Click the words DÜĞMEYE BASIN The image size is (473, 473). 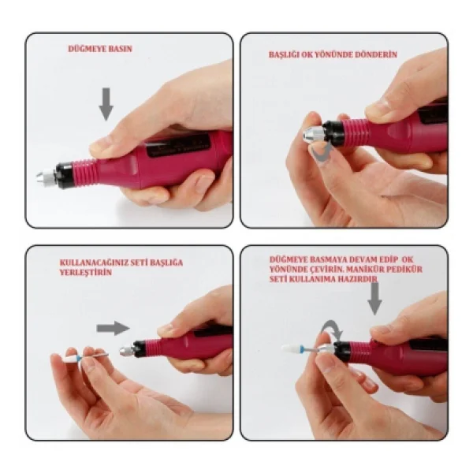(100, 49)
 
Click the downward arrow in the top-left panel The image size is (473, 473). (106, 104)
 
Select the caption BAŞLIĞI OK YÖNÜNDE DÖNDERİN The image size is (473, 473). (333, 54)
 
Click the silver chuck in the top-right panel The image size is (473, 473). (313, 135)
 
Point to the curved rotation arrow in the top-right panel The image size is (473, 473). (322, 151)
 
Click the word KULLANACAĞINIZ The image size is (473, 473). (95, 263)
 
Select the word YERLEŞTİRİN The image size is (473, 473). (86, 273)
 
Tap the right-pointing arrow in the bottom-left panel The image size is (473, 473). (113, 328)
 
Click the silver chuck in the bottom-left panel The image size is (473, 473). (127, 351)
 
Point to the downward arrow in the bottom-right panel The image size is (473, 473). (374, 298)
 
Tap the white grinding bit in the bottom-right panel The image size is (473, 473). (292, 348)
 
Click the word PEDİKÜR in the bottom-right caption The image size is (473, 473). (405, 269)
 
